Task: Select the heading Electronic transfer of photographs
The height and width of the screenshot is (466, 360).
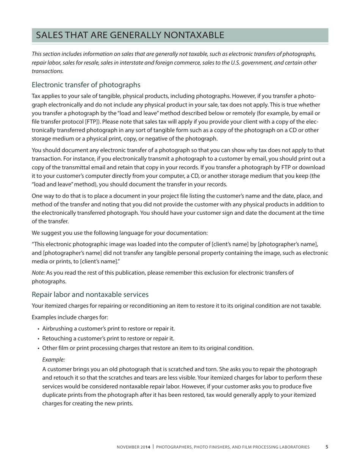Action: point(86,84)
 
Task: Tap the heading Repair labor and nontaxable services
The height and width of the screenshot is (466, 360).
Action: point(90,294)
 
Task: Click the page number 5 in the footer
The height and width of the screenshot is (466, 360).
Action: point(327,447)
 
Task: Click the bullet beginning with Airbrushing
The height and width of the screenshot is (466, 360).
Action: point(108,328)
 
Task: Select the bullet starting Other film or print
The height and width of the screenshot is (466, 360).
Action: point(148,348)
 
